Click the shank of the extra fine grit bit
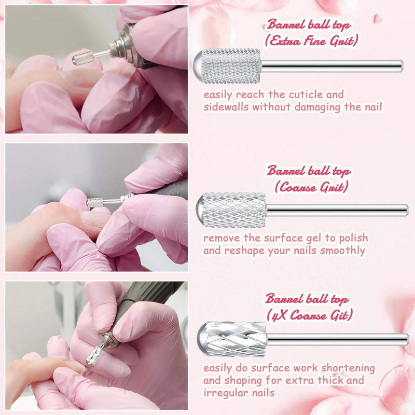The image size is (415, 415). pos(332,66)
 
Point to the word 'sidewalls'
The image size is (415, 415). pos(226,107)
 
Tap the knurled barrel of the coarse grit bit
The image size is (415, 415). pos(234,210)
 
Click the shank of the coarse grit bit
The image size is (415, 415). pos(337,211)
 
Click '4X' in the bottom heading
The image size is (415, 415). pos(279,315)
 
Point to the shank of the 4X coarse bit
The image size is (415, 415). pos(338,340)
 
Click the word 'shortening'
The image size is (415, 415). pos(348,368)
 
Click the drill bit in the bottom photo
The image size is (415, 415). pos(96,354)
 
